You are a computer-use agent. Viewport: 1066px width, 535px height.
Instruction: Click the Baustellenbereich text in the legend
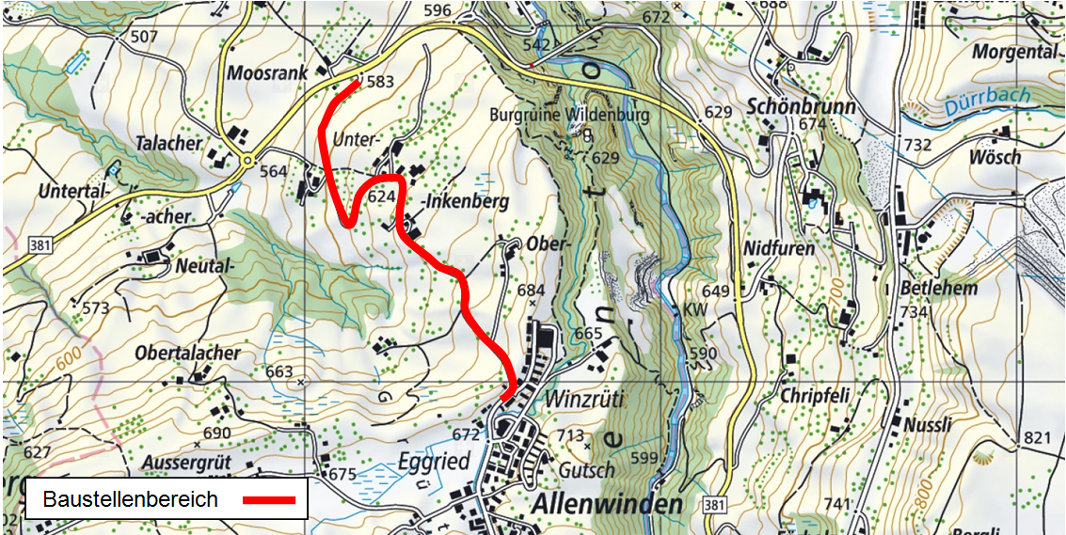pos(131,499)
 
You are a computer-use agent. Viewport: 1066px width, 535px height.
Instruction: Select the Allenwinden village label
pos(607,504)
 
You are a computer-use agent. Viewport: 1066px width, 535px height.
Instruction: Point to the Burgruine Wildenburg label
pos(570,116)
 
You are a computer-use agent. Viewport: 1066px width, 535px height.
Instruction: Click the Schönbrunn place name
pos(801,106)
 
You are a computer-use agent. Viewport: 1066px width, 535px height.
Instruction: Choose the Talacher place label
pos(168,144)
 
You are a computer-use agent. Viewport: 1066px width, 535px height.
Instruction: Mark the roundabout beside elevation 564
pos(247,161)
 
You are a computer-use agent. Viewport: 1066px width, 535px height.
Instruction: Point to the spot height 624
pos(381,197)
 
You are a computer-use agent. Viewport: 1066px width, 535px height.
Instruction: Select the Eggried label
pos(433,462)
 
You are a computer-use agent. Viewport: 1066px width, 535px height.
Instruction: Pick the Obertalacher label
pos(187,354)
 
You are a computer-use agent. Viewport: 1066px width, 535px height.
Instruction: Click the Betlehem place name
pos(938,288)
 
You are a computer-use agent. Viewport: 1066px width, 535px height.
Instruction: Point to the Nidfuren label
pos(779,248)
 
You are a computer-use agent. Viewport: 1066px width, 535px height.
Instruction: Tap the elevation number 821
pos(1036,438)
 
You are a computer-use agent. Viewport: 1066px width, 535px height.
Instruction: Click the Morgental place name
pos(1015,51)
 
